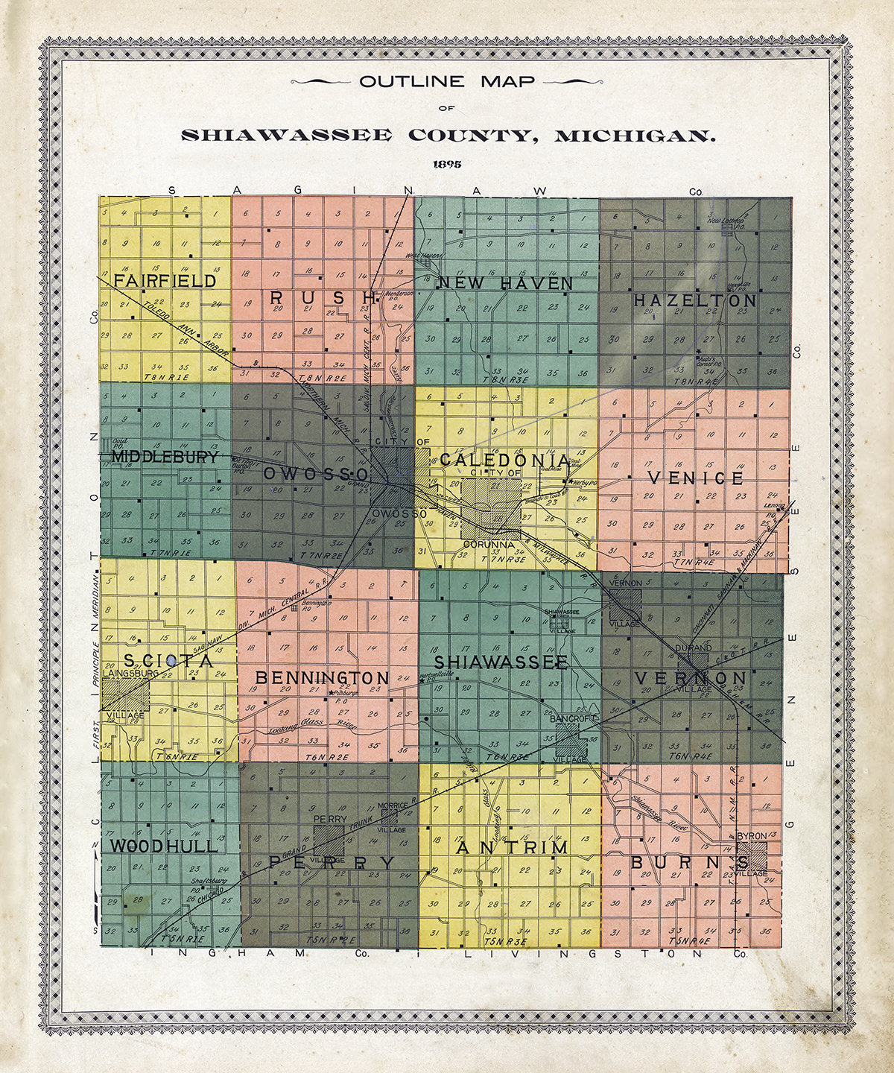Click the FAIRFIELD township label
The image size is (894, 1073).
point(165,281)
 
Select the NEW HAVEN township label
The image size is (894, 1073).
point(506,284)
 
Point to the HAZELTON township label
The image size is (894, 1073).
point(695,301)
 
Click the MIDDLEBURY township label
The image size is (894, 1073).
point(165,458)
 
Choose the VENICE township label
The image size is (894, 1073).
point(695,478)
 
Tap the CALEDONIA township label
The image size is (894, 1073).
point(504,460)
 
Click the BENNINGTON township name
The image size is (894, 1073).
point(322,678)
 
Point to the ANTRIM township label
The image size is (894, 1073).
point(512,848)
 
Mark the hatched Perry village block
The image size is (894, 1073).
point(329,839)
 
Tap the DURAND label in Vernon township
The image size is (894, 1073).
point(693,648)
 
